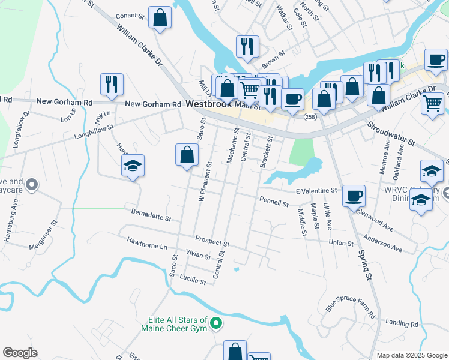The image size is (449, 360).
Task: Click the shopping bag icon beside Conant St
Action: pos(160,18)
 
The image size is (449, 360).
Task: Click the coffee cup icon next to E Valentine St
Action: pos(354,195)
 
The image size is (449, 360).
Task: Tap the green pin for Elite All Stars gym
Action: pos(217,325)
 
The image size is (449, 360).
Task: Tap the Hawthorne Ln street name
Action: pos(146,245)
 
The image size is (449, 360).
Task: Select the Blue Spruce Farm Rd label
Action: pos(351,307)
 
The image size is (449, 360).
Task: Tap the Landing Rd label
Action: pos(402,323)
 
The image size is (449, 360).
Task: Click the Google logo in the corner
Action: pos(20,353)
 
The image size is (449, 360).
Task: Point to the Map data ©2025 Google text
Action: pos(412,355)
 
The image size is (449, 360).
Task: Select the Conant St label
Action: pos(130,16)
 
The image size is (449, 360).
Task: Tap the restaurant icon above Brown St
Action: pos(247,46)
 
